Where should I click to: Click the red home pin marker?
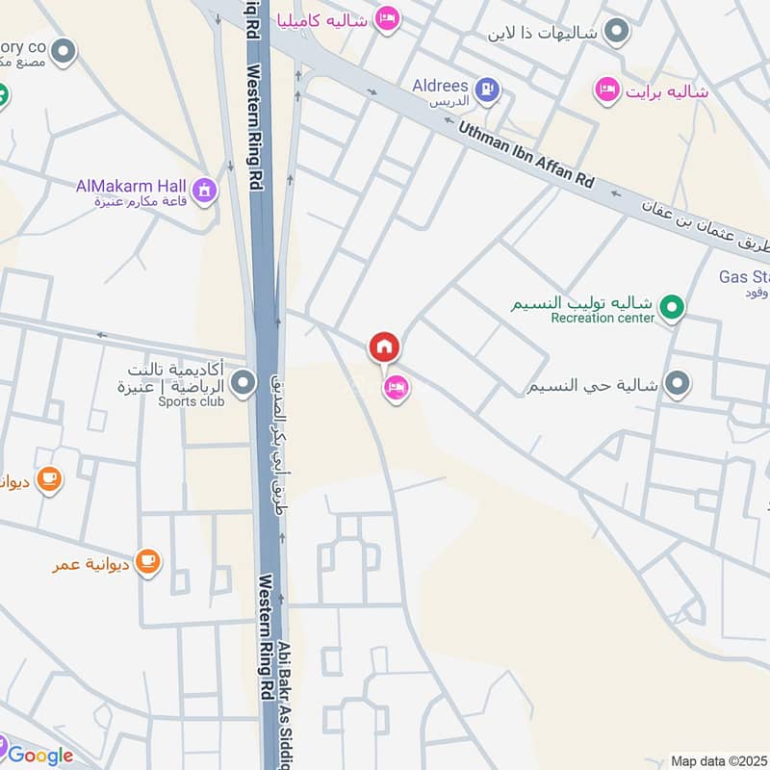coord(384,346)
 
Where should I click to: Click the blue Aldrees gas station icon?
coord(488,90)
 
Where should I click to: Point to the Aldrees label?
coord(440,86)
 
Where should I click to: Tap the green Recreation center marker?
coord(675,308)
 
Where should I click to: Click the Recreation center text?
coord(603,318)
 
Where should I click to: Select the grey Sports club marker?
coord(244,385)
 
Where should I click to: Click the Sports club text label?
coord(192,401)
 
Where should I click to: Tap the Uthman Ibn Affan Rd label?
coord(526,154)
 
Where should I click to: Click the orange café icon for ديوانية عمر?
coord(147,559)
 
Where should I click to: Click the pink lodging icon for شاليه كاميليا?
coord(387,18)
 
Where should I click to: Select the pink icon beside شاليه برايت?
coord(606,90)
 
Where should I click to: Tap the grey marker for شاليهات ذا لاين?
coord(619,32)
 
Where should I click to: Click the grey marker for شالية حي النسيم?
coord(677,384)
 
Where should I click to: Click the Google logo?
coord(40,756)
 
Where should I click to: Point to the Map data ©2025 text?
coord(718,760)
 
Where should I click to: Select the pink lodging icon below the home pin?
coord(396,388)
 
